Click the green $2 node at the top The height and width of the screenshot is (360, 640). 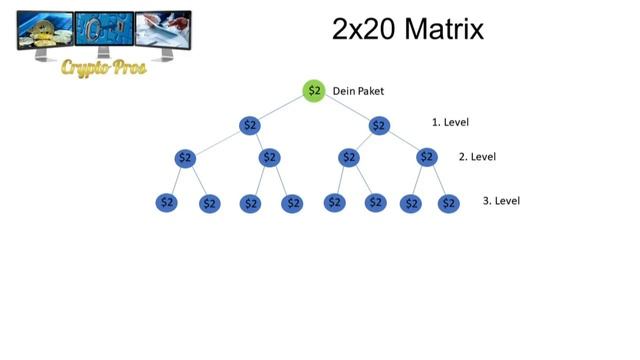click(314, 91)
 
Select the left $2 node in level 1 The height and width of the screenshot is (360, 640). click(250, 125)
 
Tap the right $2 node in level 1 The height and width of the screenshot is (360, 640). click(379, 125)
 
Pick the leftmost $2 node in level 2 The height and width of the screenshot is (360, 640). click(185, 158)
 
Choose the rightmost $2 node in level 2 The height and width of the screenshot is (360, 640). click(427, 157)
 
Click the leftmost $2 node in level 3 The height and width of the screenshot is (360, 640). click(167, 202)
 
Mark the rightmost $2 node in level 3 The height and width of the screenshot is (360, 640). click(449, 203)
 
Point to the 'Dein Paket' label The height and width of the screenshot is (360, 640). click(358, 91)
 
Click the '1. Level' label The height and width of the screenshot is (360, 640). click(450, 122)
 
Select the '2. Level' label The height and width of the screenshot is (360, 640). click(477, 157)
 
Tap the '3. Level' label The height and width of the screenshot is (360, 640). click(501, 201)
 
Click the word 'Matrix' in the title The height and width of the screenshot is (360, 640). click(444, 29)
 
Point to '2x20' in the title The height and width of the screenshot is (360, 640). click(364, 29)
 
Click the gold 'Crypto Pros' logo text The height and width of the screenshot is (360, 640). click(104, 68)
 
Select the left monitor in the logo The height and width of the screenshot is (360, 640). click(45, 36)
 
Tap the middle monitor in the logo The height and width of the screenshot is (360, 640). click(104, 34)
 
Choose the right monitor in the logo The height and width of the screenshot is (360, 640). click(163, 36)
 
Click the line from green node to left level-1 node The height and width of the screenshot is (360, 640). click(280, 108)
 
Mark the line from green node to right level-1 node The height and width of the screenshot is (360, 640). click(347, 109)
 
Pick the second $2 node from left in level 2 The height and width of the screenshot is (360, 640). click(269, 158)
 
